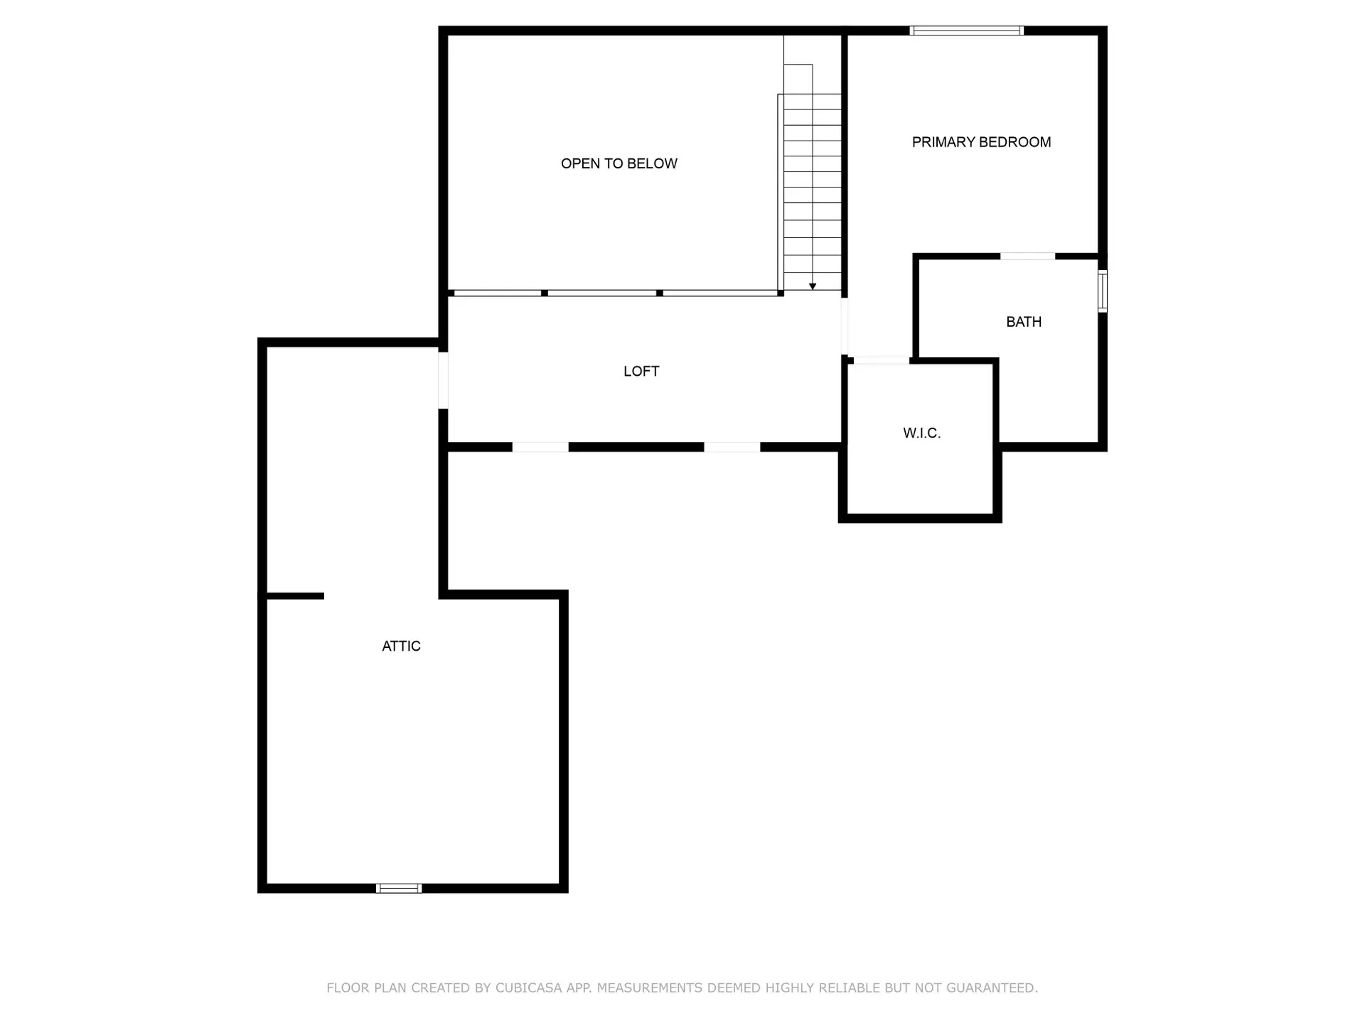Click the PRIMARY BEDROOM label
981,142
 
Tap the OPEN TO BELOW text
619,163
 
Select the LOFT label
641,371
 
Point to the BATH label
1024,322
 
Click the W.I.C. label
922,433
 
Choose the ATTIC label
401,646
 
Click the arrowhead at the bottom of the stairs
813,286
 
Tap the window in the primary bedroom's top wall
967,31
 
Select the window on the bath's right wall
1103,291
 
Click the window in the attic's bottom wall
399,888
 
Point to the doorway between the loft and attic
443,381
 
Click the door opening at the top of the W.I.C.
882,361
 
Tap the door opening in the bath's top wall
1028,256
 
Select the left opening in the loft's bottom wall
540,447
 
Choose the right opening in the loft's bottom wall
732,447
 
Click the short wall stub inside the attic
295,596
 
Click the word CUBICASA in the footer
528,987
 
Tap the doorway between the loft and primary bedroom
845,327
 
